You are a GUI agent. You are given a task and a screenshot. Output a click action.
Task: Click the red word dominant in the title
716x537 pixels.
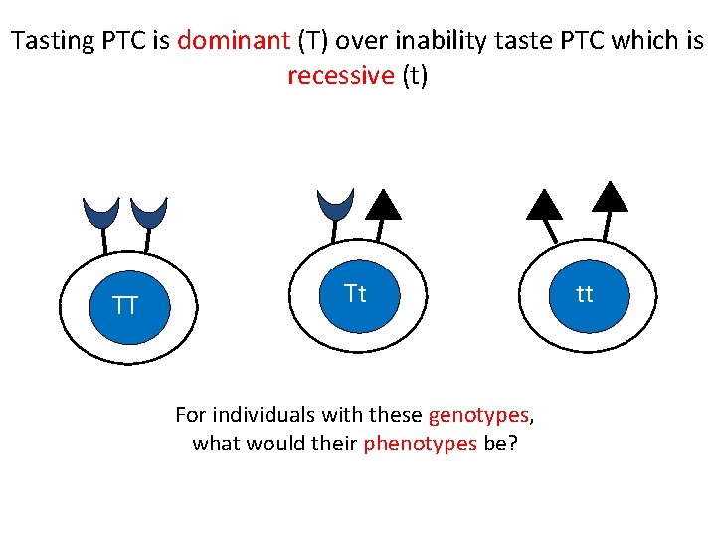pos(233,42)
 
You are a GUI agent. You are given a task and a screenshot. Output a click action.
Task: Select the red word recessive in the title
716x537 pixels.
pos(341,76)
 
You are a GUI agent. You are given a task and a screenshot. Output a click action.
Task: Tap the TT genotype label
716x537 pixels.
pos(125,305)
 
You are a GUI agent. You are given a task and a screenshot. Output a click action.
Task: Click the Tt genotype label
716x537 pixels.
pos(355,293)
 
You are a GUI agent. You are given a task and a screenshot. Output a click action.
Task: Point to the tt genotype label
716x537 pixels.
pos(585,293)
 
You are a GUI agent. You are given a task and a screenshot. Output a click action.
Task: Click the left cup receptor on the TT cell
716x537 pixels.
pos(101,211)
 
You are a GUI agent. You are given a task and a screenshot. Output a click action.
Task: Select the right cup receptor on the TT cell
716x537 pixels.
pos(149,211)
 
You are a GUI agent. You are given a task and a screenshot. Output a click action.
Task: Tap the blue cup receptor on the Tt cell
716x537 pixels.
pos(335,204)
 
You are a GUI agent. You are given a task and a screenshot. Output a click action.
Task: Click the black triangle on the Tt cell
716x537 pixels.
pos(383,204)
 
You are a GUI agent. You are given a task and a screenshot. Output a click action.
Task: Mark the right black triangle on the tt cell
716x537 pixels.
pos(610,195)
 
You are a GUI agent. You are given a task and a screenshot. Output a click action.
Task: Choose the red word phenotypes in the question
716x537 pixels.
pos(421,444)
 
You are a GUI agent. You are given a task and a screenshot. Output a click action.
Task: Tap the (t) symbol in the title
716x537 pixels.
pos(415,76)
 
